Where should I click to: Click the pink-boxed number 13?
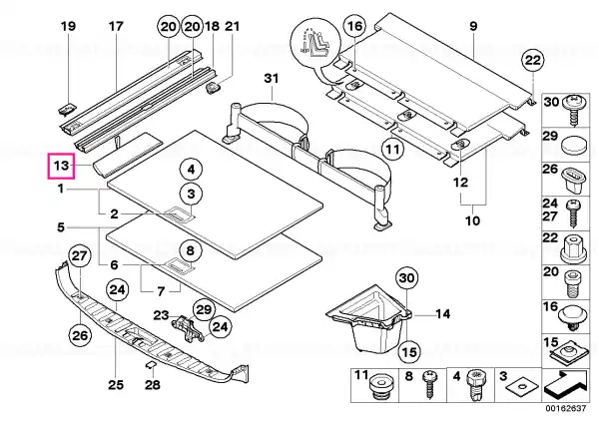tap(61, 166)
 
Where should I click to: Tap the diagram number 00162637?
tap(565, 408)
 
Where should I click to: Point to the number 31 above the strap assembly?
tap(272, 78)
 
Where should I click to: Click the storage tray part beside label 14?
tap(369, 315)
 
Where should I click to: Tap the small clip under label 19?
tap(68, 109)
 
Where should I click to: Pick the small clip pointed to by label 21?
tap(214, 88)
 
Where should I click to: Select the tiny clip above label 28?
tap(151, 364)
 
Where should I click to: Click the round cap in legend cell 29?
tap(573, 147)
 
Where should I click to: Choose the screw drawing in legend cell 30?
tap(573, 110)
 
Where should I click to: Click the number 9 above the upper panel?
tap(473, 26)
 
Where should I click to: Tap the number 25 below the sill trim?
tap(116, 384)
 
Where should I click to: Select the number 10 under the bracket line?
tap(472, 220)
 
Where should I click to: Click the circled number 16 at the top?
tap(354, 26)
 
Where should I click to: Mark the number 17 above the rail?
tap(116, 26)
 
